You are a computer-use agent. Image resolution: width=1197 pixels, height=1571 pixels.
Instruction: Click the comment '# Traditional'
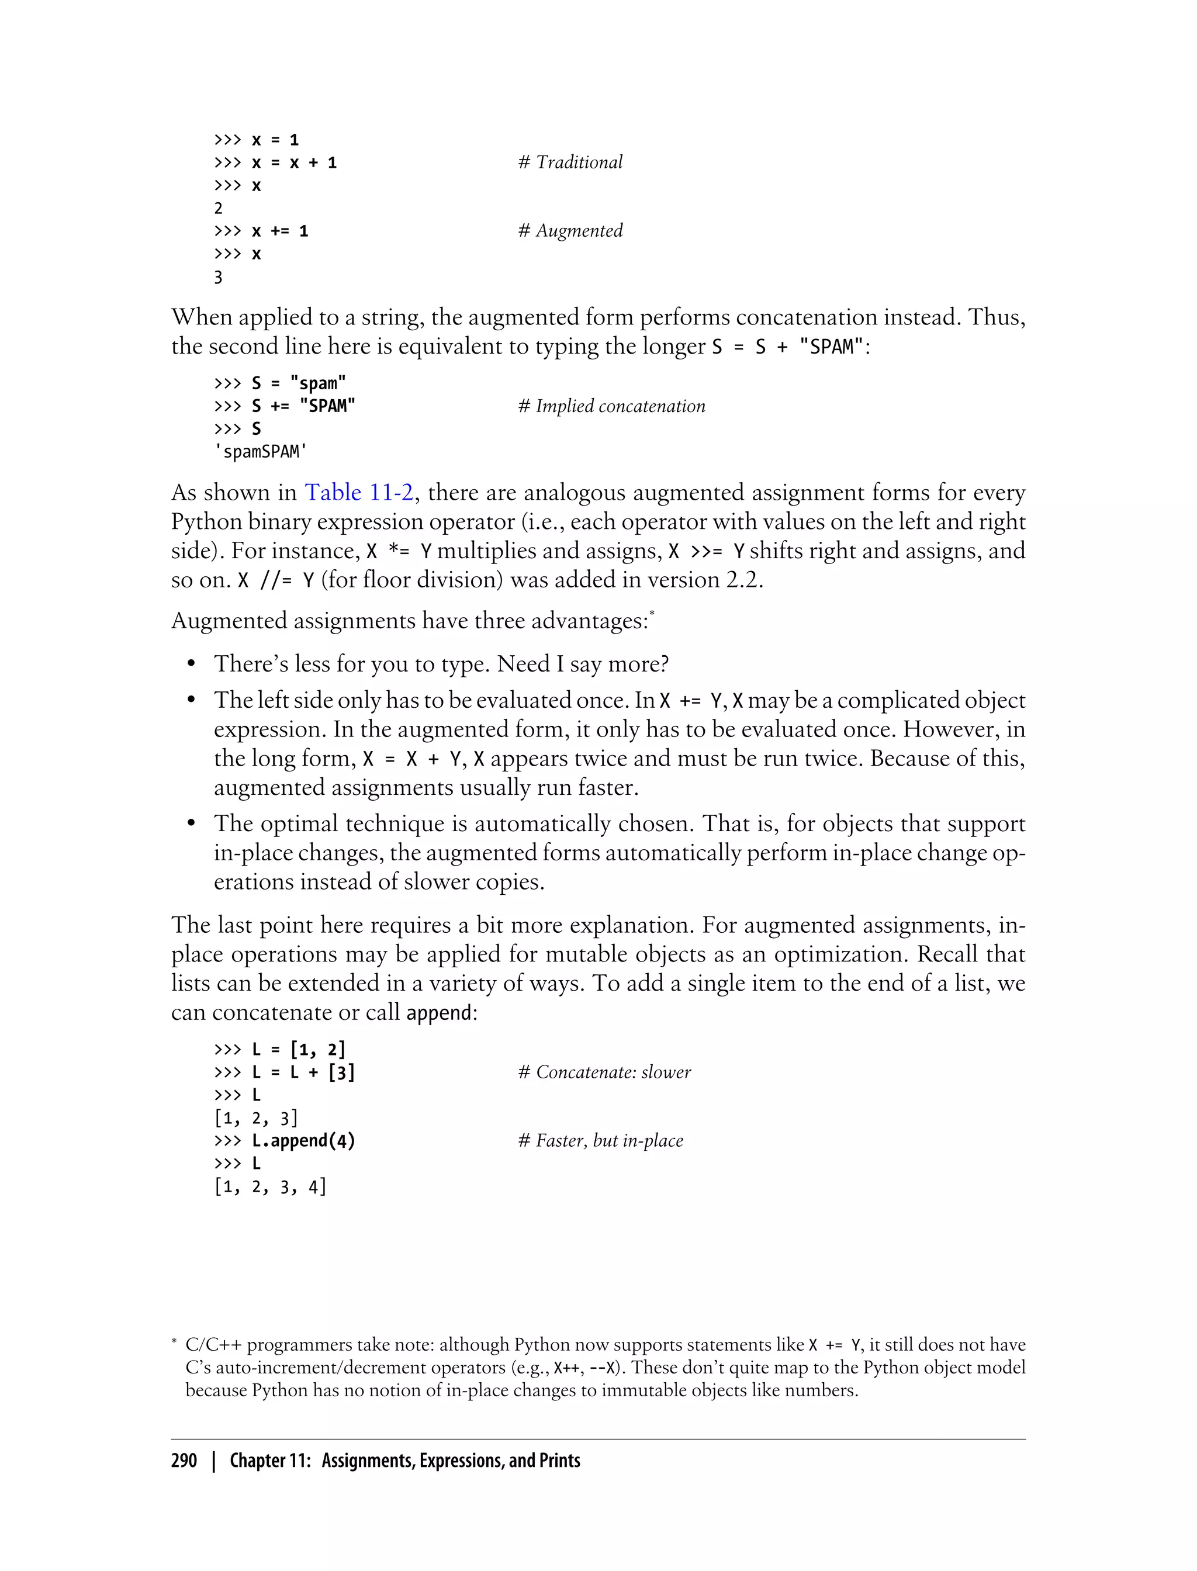coord(570,162)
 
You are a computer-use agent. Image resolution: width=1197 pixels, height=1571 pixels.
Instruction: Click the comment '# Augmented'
coord(570,231)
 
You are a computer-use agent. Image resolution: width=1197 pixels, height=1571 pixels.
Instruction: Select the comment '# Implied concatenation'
coord(611,406)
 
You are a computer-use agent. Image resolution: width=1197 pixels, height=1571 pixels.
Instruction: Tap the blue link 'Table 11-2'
coord(359,492)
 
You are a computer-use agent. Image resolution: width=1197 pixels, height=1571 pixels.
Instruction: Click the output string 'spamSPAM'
coord(261,452)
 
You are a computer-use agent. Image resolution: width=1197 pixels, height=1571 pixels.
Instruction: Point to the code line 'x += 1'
coord(280,231)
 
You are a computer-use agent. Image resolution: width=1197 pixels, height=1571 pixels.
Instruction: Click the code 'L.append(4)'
coord(303,1141)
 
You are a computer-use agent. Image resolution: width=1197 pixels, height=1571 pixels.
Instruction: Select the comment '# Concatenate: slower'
coord(604,1072)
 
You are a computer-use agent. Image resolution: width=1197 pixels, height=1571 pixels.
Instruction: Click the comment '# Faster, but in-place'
coord(600,1141)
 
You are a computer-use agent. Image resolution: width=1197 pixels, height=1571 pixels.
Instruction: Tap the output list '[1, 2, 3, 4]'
coord(270,1186)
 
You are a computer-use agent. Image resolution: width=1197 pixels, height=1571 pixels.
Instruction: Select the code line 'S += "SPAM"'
coord(303,406)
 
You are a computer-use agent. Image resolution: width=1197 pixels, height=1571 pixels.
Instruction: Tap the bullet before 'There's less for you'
coord(191,665)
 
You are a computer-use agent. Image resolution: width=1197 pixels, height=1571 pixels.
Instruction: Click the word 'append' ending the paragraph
coord(438,1013)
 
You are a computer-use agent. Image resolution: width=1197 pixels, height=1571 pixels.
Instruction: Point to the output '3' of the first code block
coord(218,277)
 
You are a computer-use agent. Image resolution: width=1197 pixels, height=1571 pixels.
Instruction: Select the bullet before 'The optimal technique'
coord(191,824)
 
